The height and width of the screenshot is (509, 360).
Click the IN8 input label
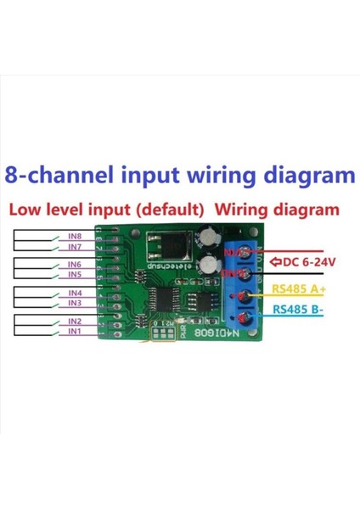[x=75, y=237]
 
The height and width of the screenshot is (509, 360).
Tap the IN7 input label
[x=75, y=247]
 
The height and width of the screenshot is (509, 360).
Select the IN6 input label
[x=75, y=265]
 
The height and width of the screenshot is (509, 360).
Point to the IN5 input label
[x=75, y=275]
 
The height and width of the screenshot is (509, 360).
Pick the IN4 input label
[x=75, y=293]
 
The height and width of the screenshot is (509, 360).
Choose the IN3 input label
[x=75, y=303]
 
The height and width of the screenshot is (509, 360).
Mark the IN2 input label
[x=75, y=322]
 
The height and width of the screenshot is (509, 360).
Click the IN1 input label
[x=75, y=332]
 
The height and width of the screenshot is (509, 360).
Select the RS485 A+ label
[x=300, y=288]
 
